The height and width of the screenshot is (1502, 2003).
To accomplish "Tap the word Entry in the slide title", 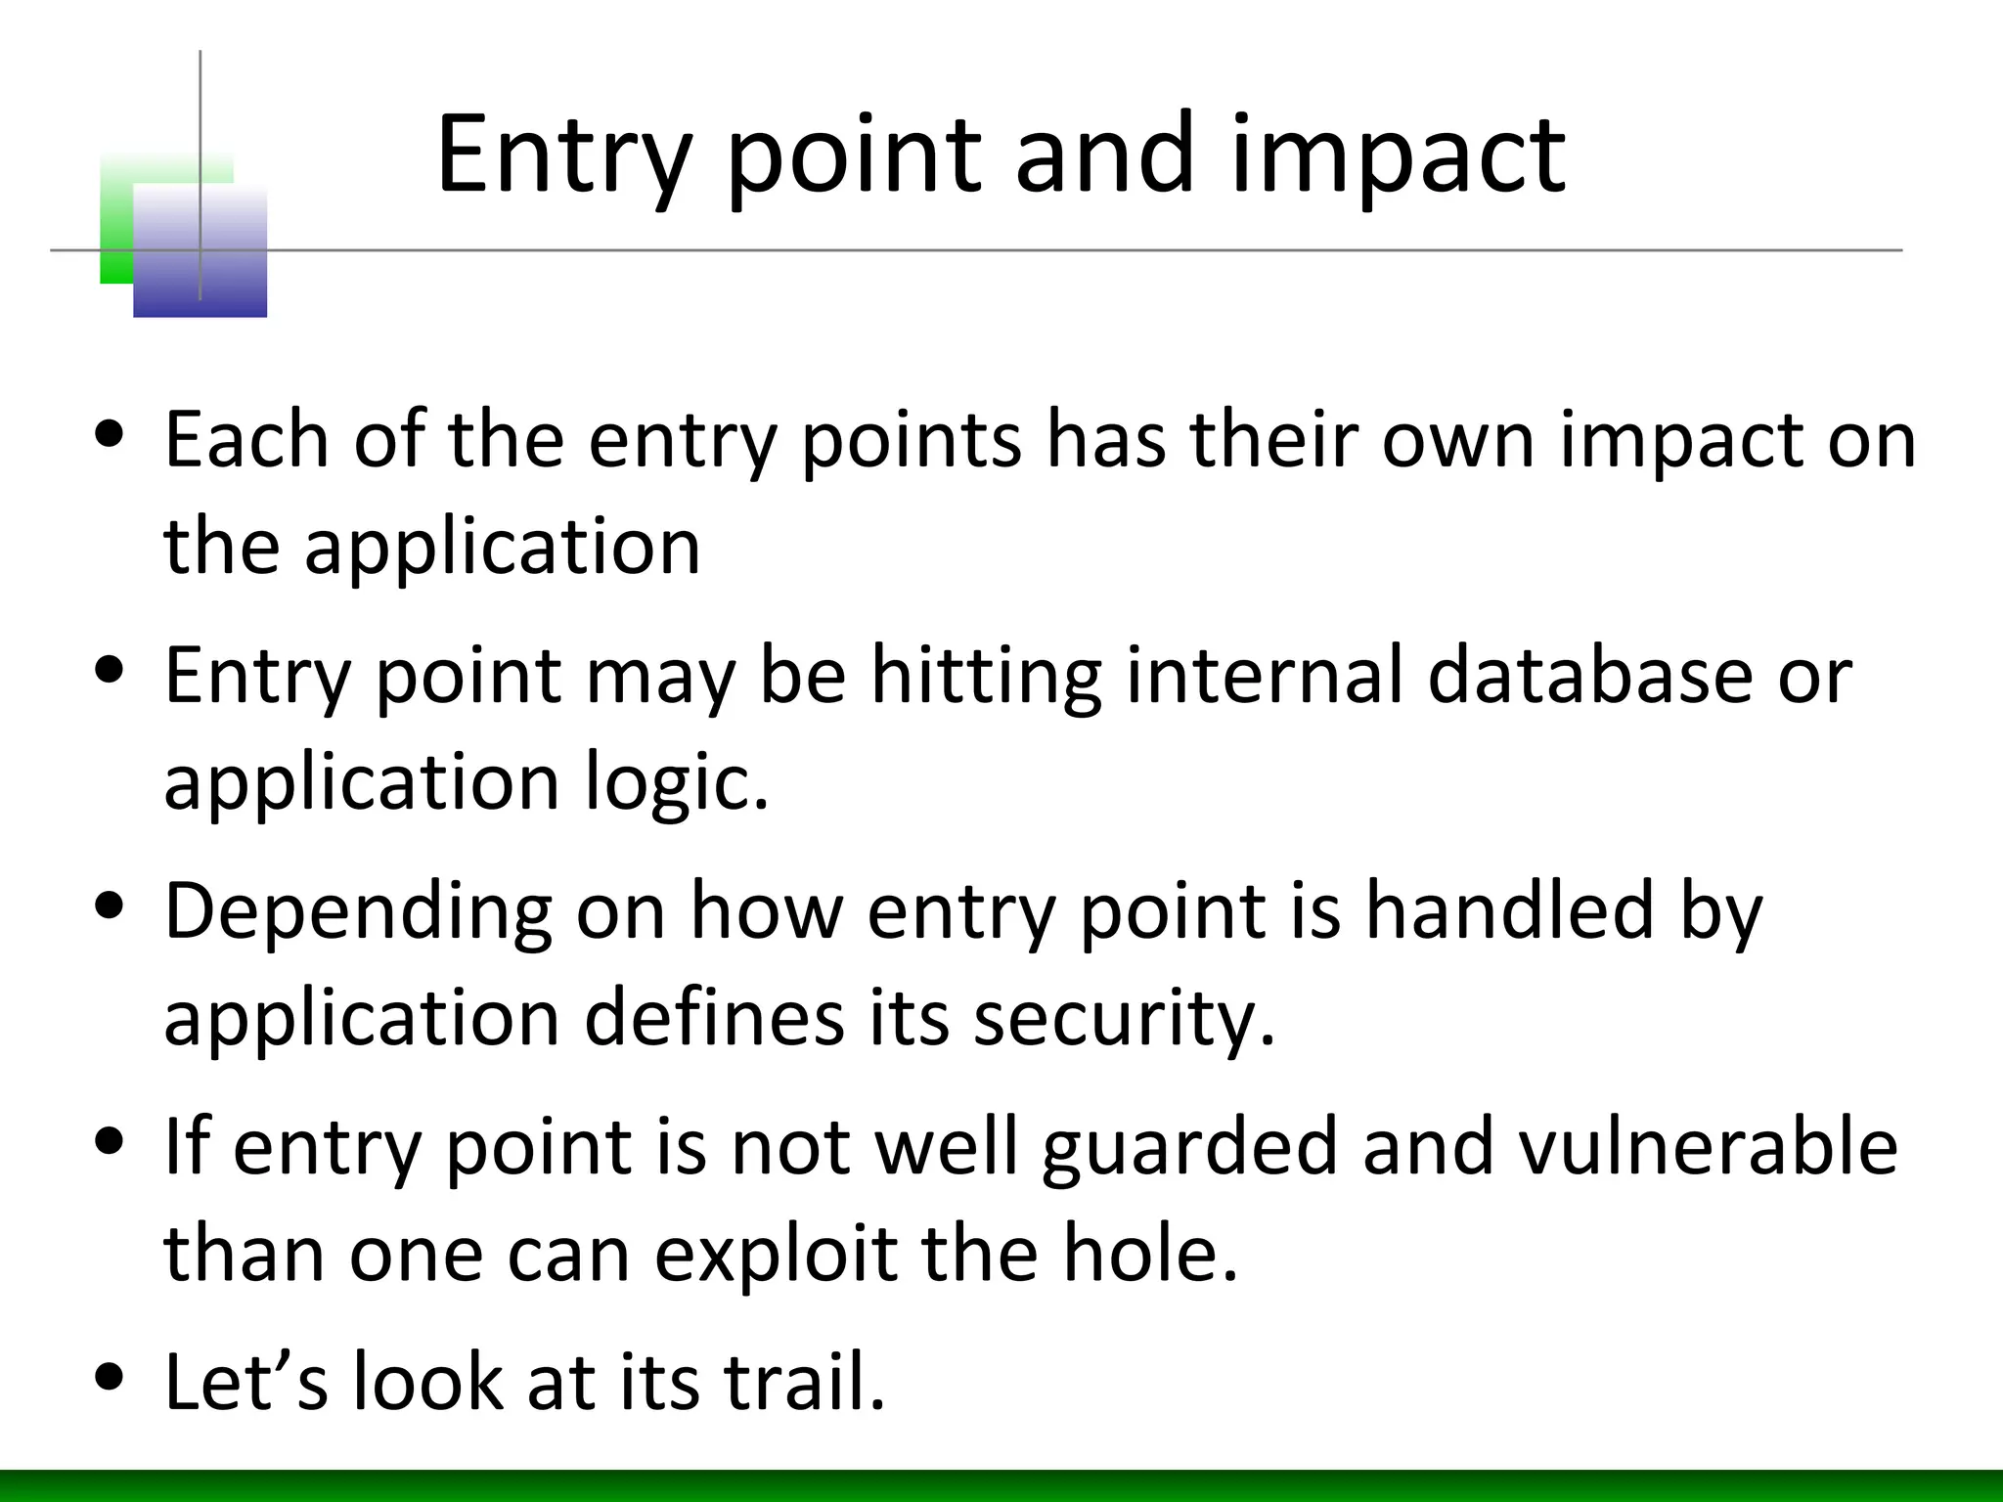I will click(563, 156).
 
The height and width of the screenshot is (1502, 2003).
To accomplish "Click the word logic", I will click(677, 784).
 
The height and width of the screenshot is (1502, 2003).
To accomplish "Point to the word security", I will click(1125, 1019).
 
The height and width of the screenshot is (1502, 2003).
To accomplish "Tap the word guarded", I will click(1189, 1148).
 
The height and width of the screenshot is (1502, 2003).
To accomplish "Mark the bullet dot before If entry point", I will click(111, 1141).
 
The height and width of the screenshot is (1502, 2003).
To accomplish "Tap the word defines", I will click(713, 1019).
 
